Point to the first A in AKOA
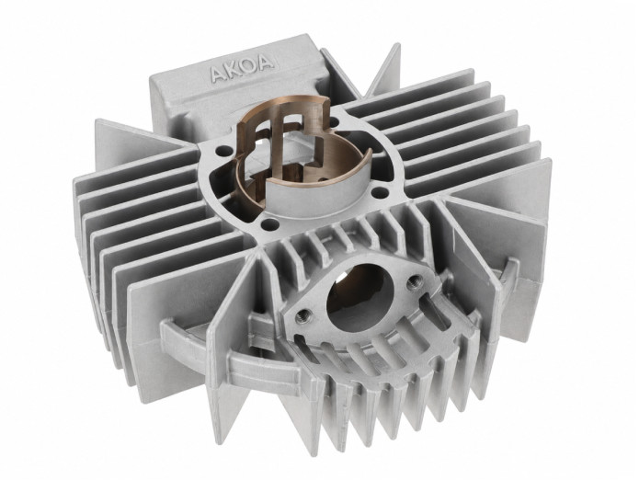click(217, 74)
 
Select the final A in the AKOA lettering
click(265, 63)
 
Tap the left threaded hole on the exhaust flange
click(302, 315)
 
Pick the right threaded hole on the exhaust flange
click(414, 280)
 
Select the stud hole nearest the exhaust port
click(269, 223)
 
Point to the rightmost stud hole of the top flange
click(381, 190)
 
